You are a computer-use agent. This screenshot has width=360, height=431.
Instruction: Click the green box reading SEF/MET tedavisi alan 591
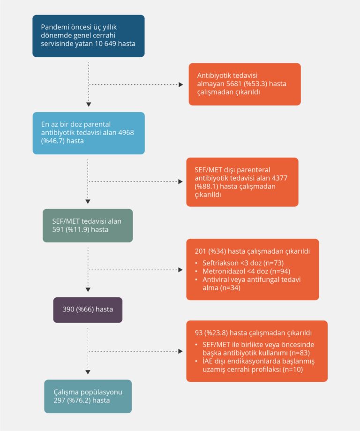[x=88, y=225]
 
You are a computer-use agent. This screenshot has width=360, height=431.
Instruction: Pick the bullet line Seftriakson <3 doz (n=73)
[x=243, y=263]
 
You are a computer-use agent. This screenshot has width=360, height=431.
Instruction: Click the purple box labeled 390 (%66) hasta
[x=88, y=310]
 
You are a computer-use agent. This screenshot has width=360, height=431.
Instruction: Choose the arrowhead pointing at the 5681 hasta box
[x=180, y=85]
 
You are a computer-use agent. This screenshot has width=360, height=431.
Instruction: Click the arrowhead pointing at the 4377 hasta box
[x=180, y=181]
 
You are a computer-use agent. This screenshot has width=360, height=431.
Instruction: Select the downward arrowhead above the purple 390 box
[x=88, y=289]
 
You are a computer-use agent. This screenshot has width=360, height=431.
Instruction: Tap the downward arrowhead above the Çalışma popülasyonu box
[x=88, y=372]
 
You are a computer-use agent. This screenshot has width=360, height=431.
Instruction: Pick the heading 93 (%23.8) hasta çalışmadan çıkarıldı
[x=253, y=333]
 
